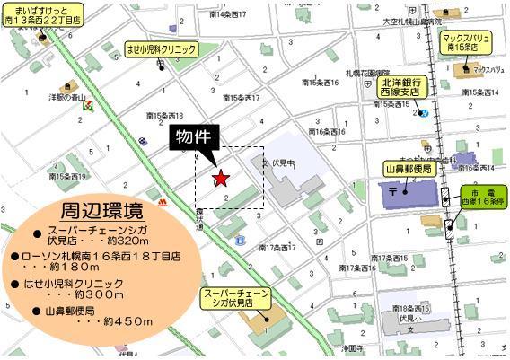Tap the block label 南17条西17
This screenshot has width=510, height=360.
278,247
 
